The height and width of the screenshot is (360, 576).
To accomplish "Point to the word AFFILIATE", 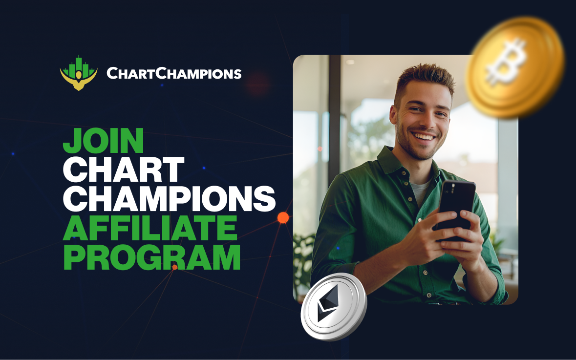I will (150, 228).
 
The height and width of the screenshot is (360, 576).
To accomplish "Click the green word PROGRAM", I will (152, 257).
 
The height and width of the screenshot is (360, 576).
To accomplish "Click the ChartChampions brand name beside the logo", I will (174, 74).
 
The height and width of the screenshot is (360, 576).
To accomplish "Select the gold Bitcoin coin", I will (514, 67).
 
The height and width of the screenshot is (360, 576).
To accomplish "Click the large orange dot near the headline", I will (283, 217).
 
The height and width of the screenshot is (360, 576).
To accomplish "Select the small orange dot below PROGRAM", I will (174, 267).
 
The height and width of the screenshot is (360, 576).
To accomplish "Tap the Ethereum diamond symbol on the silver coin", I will (327, 303).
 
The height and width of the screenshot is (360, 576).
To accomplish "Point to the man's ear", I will (393, 115).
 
